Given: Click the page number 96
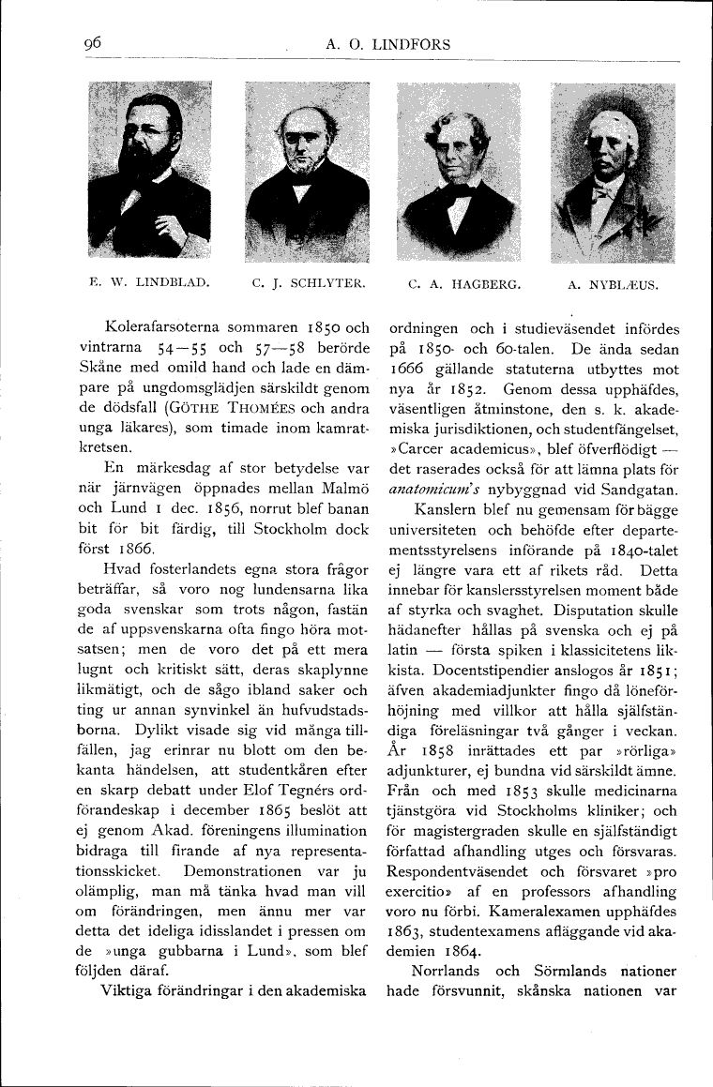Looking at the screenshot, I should [92, 43].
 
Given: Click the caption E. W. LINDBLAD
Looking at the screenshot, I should [149, 280].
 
